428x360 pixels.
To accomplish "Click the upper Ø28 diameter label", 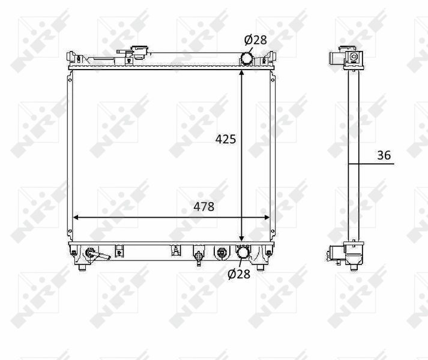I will click(x=255, y=40).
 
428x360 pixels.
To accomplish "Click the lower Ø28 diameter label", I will click(x=239, y=274).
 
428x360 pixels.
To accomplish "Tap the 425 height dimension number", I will click(x=226, y=139).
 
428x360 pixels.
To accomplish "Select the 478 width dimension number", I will click(x=203, y=206).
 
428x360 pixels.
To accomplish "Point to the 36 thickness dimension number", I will click(x=384, y=155).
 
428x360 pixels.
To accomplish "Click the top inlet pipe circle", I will click(x=247, y=58).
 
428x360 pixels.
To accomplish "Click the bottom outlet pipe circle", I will click(x=243, y=254).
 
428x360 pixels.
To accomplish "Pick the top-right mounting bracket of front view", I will click(x=271, y=58).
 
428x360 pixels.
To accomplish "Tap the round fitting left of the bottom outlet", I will click(x=222, y=253).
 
